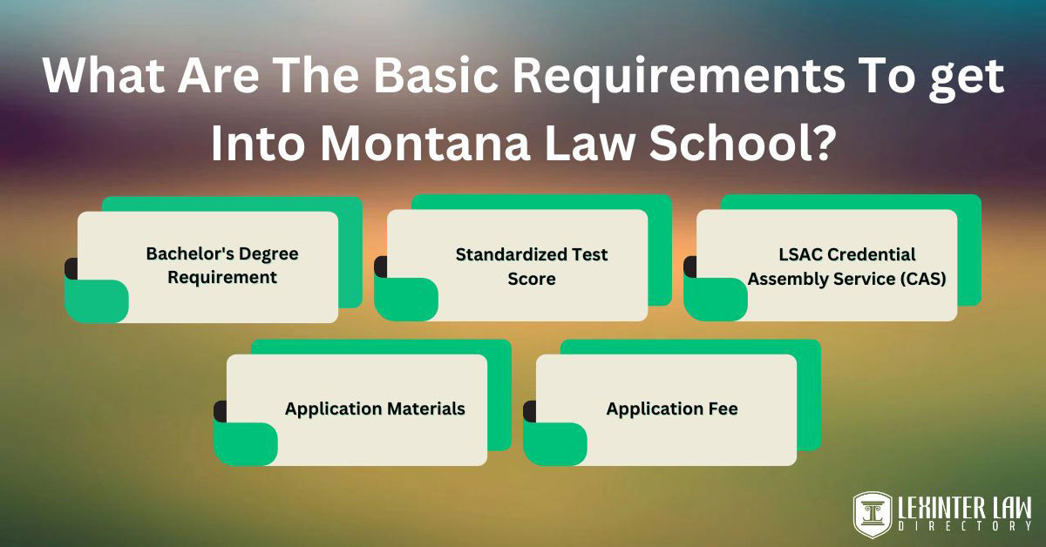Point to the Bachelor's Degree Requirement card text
pos(222,266)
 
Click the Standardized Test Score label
pos(532,266)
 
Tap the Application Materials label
pos(375,409)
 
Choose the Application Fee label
pos(672,409)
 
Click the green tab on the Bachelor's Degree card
pos(97,301)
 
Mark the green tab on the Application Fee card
pos(555,443)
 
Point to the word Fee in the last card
pos(723,409)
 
